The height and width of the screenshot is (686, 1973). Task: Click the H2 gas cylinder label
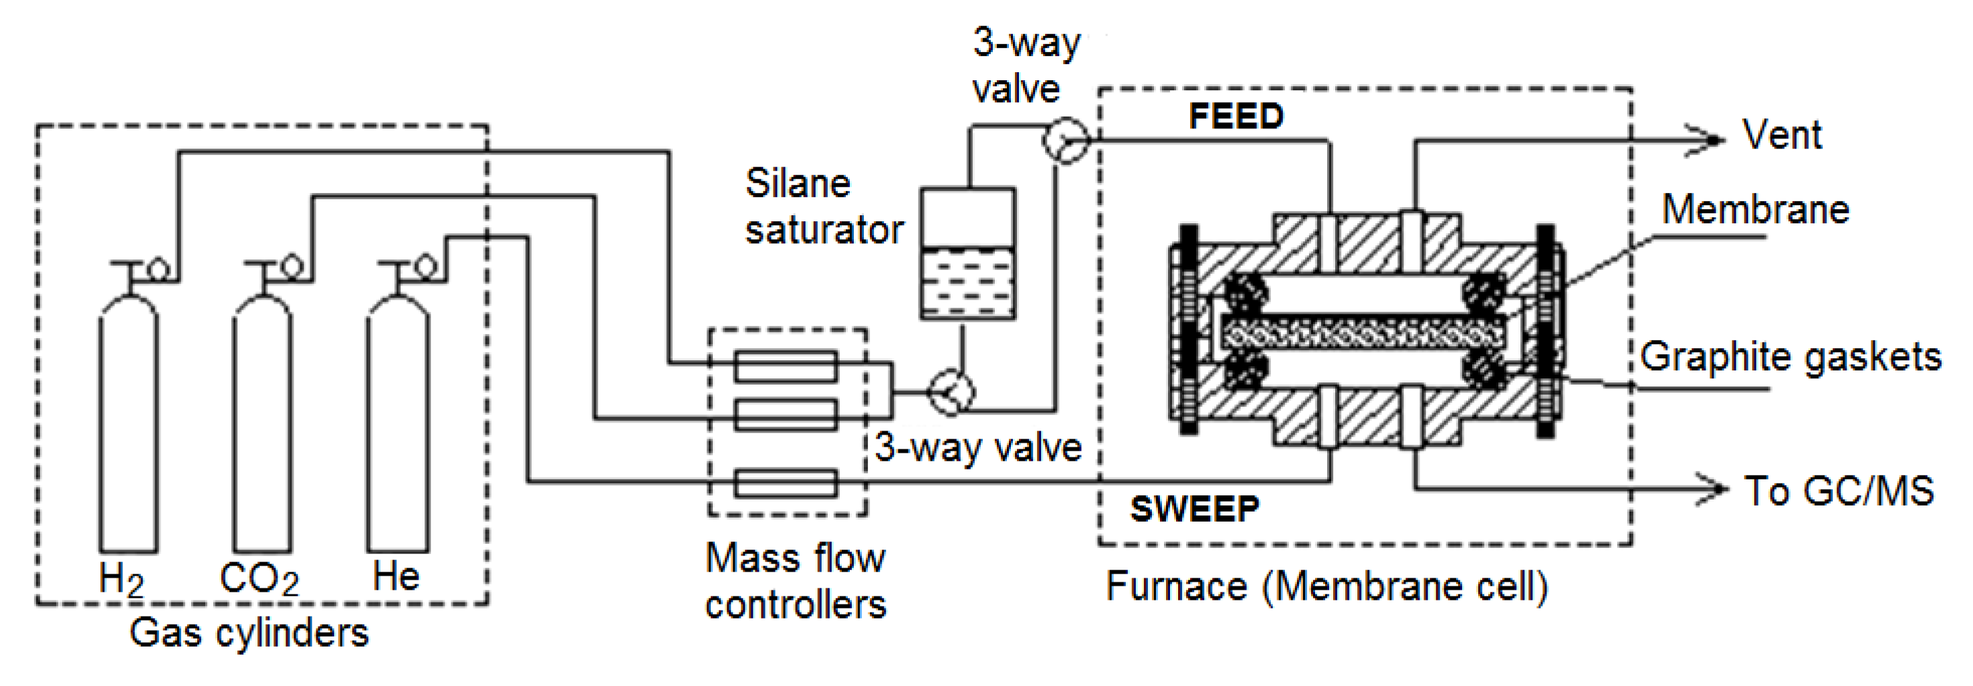121,579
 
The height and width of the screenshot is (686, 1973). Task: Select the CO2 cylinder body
262,429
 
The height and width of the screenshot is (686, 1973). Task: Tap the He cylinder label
395,576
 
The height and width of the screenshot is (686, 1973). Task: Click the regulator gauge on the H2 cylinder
158,269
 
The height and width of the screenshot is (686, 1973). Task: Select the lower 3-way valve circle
951,392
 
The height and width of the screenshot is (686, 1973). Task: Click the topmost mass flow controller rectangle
786,366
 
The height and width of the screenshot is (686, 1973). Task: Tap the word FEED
1236,116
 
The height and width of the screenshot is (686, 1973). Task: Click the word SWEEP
1194,508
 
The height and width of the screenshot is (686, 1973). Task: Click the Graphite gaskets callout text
1790,357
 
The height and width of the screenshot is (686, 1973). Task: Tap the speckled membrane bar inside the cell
1363,334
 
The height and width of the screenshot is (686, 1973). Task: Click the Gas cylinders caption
249,633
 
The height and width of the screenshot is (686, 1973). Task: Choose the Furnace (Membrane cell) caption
1326,586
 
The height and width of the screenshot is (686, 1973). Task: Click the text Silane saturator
823,207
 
